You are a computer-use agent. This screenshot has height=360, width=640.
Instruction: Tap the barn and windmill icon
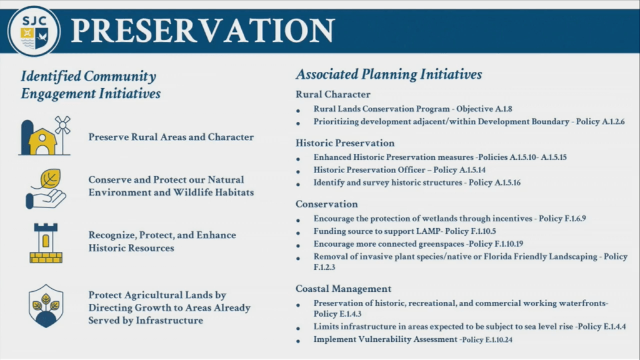[x=45, y=136]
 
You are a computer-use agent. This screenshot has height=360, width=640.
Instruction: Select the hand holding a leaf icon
[x=46, y=188]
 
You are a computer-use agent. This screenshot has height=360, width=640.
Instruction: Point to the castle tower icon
[x=46, y=242]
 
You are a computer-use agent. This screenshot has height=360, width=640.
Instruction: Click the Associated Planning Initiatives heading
[x=388, y=74]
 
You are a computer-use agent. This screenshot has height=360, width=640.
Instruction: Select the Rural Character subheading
[x=332, y=94]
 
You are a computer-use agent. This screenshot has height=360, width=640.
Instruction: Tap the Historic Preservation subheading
[x=345, y=143]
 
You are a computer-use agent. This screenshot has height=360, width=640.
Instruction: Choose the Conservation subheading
[x=326, y=204]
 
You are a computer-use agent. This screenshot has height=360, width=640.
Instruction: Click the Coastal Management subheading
[x=343, y=289]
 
